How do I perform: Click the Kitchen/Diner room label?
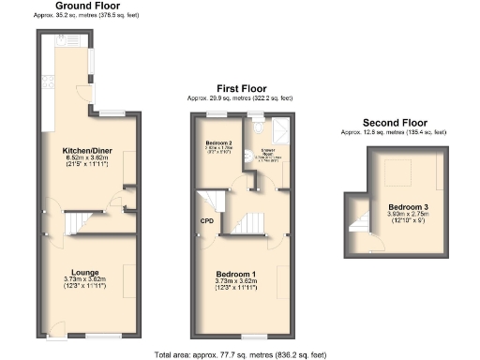tap(89, 150)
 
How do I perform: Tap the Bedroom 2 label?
tap(218, 142)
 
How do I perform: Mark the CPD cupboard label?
tap(206, 221)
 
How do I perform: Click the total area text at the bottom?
tap(240, 353)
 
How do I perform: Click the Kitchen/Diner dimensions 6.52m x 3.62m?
tap(89, 157)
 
